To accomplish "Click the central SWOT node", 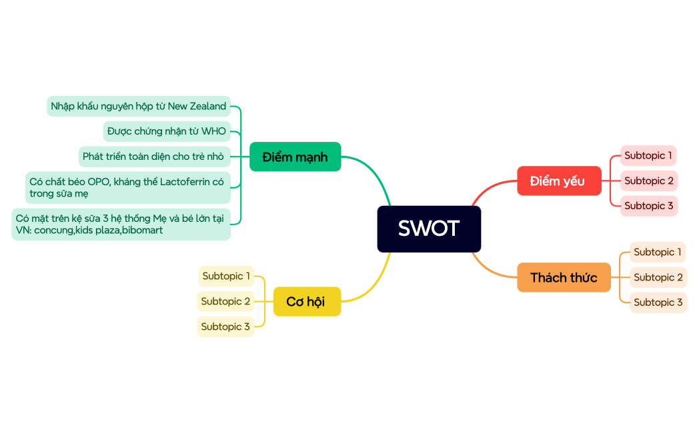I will tap(429, 228).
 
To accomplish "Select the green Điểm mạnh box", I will tap(295, 157).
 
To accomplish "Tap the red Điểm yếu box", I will tap(558, 181).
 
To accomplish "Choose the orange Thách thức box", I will tap(564, 277).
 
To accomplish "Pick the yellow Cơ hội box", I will tap(306, 302).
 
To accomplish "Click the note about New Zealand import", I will tap(139, 106).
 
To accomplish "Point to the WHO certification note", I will tap(167, 131).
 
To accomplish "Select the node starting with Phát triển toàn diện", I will tap(154, 157).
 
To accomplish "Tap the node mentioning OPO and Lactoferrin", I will tap(127, 187).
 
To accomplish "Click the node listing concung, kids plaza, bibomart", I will tap(121, 224).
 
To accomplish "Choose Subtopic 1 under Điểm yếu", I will tap(648, 156).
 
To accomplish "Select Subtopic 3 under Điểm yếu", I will tap(648, 206).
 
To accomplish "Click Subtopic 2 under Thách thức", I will tap(658, 277).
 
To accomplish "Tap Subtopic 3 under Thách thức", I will tap(658, 302).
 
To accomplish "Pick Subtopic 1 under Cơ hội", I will tap(226, 276).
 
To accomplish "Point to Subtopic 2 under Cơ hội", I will tap(225, 301).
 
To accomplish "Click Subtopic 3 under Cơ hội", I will tap(225, 326).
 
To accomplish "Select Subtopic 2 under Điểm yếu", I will tap(648, 181).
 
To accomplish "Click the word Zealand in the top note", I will tap(207, 106).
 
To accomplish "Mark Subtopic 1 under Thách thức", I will tap(658, 252).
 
